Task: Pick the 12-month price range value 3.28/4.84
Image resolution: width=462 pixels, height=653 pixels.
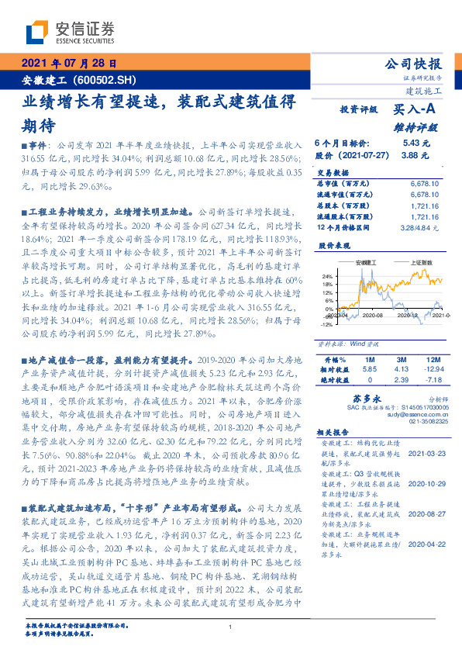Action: coord(421,229)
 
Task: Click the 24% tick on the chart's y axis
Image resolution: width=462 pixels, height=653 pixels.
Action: coord(328,275)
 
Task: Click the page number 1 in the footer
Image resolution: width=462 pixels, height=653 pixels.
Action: coord(231,627)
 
